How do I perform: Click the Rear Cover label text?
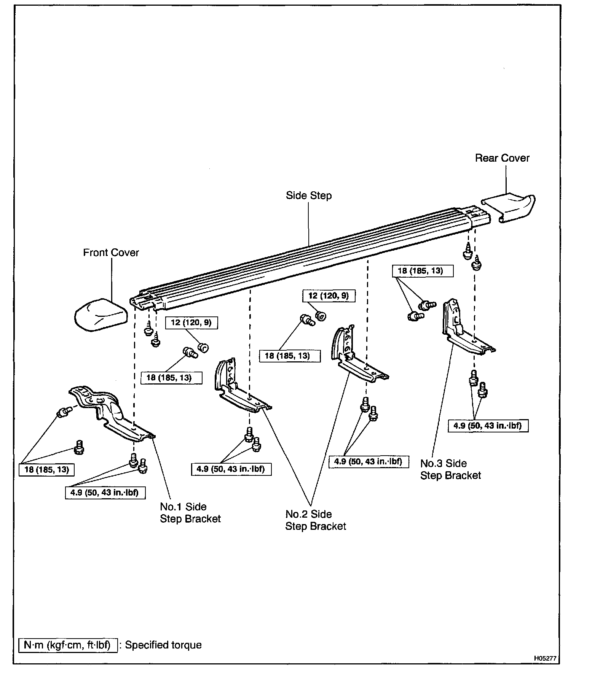(502, 158)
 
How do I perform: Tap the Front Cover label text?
(111, 253)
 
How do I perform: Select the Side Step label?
(308, 196)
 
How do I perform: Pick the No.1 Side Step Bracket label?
(190, 513)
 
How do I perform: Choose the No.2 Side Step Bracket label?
(316, 520)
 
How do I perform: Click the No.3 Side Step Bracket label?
(450, 469)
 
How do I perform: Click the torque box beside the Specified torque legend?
(67, 645)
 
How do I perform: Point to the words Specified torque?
(163, 645)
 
